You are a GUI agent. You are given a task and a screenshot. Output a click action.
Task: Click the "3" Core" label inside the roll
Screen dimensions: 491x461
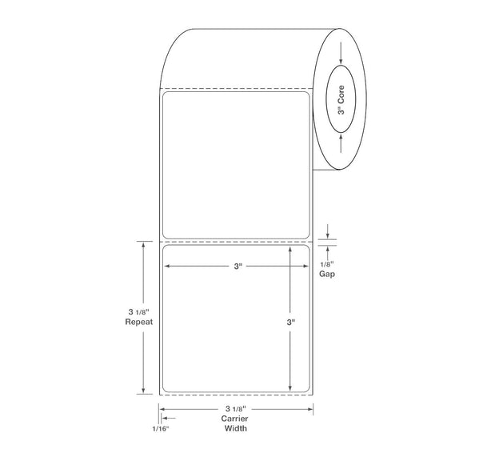coord(341,100)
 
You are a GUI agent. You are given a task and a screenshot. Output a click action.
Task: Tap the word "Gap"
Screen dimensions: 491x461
coord(327,275)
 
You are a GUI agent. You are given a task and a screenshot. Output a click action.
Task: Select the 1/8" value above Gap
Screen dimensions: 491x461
coord(327,264)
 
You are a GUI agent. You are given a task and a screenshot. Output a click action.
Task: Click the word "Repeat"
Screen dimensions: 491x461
coord(139,322)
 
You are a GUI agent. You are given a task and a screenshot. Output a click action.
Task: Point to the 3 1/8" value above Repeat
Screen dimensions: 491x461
coord(138,312)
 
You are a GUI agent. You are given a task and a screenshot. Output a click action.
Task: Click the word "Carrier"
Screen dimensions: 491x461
coord(234,419)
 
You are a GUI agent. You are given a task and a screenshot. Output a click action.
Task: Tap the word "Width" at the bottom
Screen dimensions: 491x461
coord(235,428)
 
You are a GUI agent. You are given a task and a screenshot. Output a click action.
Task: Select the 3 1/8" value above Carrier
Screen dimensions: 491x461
coord(236,409)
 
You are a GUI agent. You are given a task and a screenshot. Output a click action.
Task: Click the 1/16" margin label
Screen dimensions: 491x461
coord(161,429)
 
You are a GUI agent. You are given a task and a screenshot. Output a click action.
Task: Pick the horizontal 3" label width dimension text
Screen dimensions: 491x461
coord(238,267)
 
